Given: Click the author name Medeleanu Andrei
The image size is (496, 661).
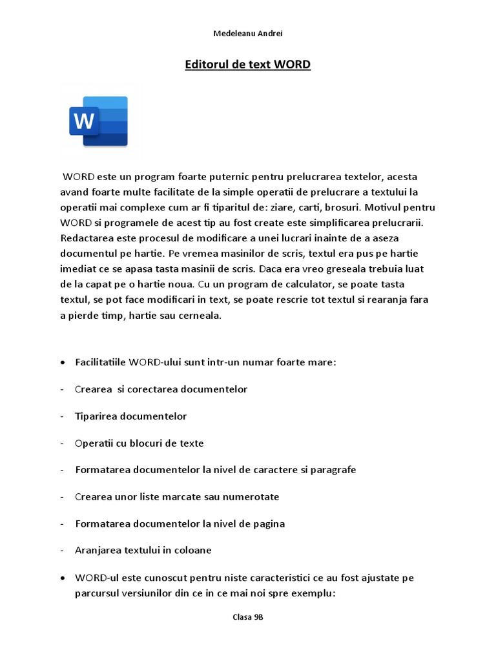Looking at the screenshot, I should (248, 34).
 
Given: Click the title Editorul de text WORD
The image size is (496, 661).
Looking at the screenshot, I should (248, 65).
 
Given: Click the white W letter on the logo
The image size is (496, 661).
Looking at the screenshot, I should (84, 121).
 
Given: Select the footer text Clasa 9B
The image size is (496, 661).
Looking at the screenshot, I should (248, 617).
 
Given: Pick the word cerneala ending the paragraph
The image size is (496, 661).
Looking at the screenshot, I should (200, 316).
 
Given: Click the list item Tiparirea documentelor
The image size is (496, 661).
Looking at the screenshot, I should (130, 416).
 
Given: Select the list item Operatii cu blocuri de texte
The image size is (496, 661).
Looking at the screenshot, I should (139, 443).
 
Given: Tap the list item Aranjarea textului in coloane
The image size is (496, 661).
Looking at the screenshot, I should (143, 551).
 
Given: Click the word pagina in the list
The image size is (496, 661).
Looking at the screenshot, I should (267, 524).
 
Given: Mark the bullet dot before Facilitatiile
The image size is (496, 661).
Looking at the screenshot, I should (62, 362).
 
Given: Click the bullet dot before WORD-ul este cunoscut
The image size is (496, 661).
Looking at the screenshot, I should (62, 578).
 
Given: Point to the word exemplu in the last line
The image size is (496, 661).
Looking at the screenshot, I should (313, 593).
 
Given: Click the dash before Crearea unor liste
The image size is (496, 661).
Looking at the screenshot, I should (61, 497).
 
